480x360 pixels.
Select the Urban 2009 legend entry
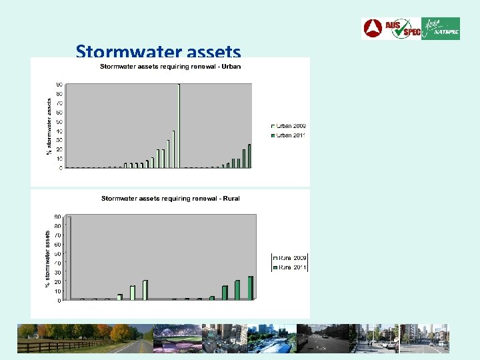[288, 126]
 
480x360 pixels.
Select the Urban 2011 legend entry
[288, 135]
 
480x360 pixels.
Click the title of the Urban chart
[170, 67]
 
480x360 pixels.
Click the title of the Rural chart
[170, 199]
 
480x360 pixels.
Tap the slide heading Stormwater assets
[158, 51]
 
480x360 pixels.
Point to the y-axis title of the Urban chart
[49, 127]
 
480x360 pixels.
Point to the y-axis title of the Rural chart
[48, 259]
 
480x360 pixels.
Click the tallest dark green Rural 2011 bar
[251, 288]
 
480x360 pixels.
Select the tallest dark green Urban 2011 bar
[249, 156]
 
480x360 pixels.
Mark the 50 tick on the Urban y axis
[60, 121]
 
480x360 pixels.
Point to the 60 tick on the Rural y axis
[59, 244]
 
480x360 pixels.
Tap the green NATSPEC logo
[441, 29]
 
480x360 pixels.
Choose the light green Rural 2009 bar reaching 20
[145, 290]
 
